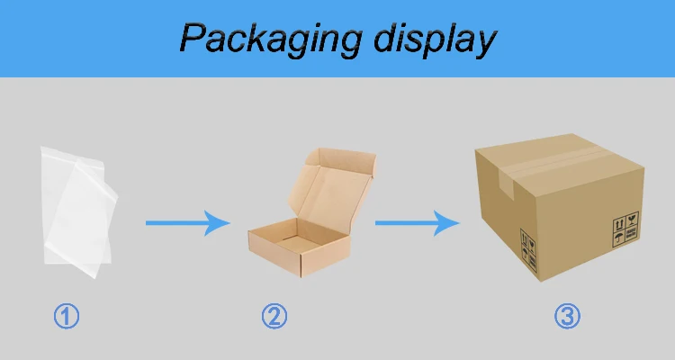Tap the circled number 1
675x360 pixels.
(x=67, y=316)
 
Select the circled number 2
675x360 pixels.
(x=274, y=316)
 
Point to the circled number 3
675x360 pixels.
(x=566, y=316)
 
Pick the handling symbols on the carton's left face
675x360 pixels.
(x=528, y=244)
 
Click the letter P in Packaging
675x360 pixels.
(x=192, y=38)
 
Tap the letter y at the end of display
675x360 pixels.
(x=485, y=43)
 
